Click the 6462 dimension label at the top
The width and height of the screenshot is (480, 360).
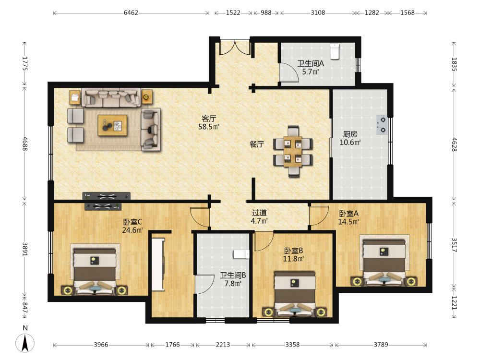[x=131, y=12]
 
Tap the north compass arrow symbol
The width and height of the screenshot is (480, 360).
[x=25, y=343]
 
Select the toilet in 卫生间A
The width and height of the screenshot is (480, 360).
[x=335, y=51]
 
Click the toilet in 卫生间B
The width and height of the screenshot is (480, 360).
[x=241, y=254]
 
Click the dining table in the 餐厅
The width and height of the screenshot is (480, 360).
[x=293, y=151]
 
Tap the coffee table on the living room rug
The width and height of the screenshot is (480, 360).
[x=112, y=125]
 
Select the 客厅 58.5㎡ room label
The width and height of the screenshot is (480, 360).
[x=209, y=122]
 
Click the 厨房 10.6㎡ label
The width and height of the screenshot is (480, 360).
[x=350, y=138]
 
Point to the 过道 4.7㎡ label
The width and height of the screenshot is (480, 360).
[x=259, y=217]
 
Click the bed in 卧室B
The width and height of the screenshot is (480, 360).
[x=295, y=294]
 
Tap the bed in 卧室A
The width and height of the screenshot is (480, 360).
[x=384, y=263]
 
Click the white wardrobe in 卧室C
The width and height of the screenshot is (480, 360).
[x=158, y=264]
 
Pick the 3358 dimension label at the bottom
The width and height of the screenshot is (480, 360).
[x=292, y=345]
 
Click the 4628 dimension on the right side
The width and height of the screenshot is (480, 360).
[x=454, y=144]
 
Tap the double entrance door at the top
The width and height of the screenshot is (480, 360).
[x=235, y=47]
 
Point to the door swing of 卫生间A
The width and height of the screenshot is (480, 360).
[x=289, y=72]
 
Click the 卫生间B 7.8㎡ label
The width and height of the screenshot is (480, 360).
[x=233, y=279]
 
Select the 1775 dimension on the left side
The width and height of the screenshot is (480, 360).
[x=25, y=64]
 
